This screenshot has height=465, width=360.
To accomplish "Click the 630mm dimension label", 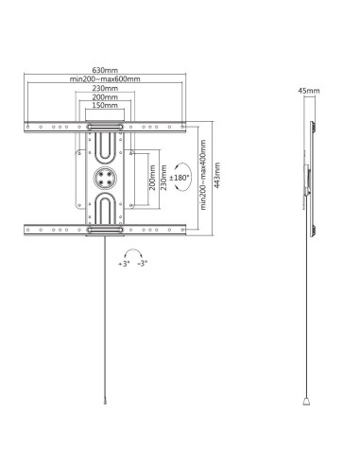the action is click(x=105, y=70).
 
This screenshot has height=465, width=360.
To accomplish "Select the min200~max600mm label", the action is click(x=105, y=79).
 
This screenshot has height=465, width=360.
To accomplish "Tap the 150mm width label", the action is click(x=105, y=105).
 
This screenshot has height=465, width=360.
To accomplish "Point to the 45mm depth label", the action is click(x=309, y=91).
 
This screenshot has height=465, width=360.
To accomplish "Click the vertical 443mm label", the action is click(x=217, y=176).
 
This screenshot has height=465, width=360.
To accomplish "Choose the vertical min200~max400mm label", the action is click(x=203, y=175).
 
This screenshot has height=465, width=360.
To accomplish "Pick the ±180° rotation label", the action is click(x=180, y=178).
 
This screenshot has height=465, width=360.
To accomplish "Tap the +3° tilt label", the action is click(x=124, y=264).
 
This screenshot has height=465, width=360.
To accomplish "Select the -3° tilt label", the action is click(x=143, y=264).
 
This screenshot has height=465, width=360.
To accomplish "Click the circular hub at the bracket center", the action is click(x=105, y=178).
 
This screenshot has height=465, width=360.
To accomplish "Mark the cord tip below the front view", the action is click(x=105, y=402).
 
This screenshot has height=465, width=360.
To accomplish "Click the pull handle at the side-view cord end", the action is click(x=306, y=401).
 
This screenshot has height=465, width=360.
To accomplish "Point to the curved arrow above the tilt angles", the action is click(x=133, y=253).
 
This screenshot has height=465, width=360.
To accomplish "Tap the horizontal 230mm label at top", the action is click(x=105, y=88).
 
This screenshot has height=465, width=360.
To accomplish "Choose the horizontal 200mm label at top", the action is click(x=105, y=97).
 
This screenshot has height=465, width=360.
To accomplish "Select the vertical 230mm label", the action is click(x=163, y=178).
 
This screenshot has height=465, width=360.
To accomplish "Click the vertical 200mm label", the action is click(x=152, y=178).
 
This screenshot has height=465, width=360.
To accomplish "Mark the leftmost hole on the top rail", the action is click(x=28, y=127).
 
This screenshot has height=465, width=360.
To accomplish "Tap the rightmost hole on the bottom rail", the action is click(x=182, y=230).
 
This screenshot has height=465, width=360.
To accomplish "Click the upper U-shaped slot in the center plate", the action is click(x=105, y=146).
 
